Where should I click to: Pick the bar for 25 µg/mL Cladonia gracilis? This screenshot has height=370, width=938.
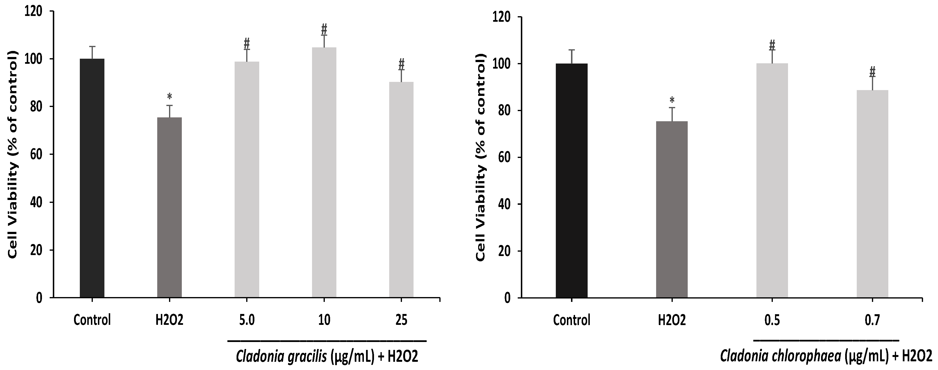tap(401, 190)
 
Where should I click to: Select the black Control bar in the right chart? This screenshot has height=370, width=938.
tap(572, 180)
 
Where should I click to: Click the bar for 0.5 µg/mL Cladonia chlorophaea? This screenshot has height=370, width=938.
tap(772, 180)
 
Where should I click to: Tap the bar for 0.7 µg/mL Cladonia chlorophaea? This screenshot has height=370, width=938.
tap(872, 193)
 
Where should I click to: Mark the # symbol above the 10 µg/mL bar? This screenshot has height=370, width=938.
tap(324, 29)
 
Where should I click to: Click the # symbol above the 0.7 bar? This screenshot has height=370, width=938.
tap(872, 71)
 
